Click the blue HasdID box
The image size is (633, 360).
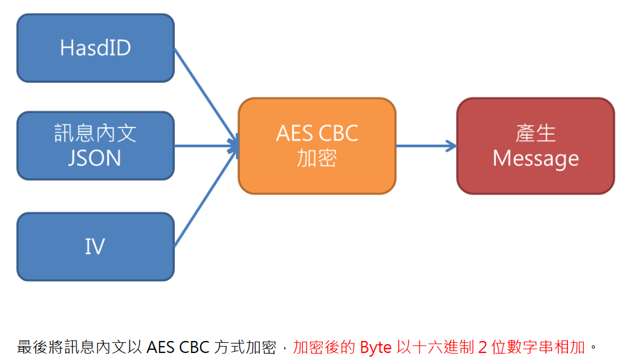95,48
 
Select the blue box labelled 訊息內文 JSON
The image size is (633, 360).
95,146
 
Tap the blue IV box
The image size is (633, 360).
95,247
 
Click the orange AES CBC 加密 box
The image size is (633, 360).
317,146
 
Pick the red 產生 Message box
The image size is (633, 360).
535,146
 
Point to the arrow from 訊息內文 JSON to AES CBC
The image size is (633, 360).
206,146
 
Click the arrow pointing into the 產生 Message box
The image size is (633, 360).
426,146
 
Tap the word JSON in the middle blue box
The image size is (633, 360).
95,158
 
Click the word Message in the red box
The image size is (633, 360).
535,159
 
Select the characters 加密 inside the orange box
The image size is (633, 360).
317,159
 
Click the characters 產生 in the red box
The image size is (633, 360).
535,133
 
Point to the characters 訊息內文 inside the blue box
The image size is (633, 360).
95,133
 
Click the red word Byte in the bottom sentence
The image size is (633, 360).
376,347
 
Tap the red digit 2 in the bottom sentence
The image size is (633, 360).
483,347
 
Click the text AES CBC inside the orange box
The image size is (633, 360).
317,133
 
